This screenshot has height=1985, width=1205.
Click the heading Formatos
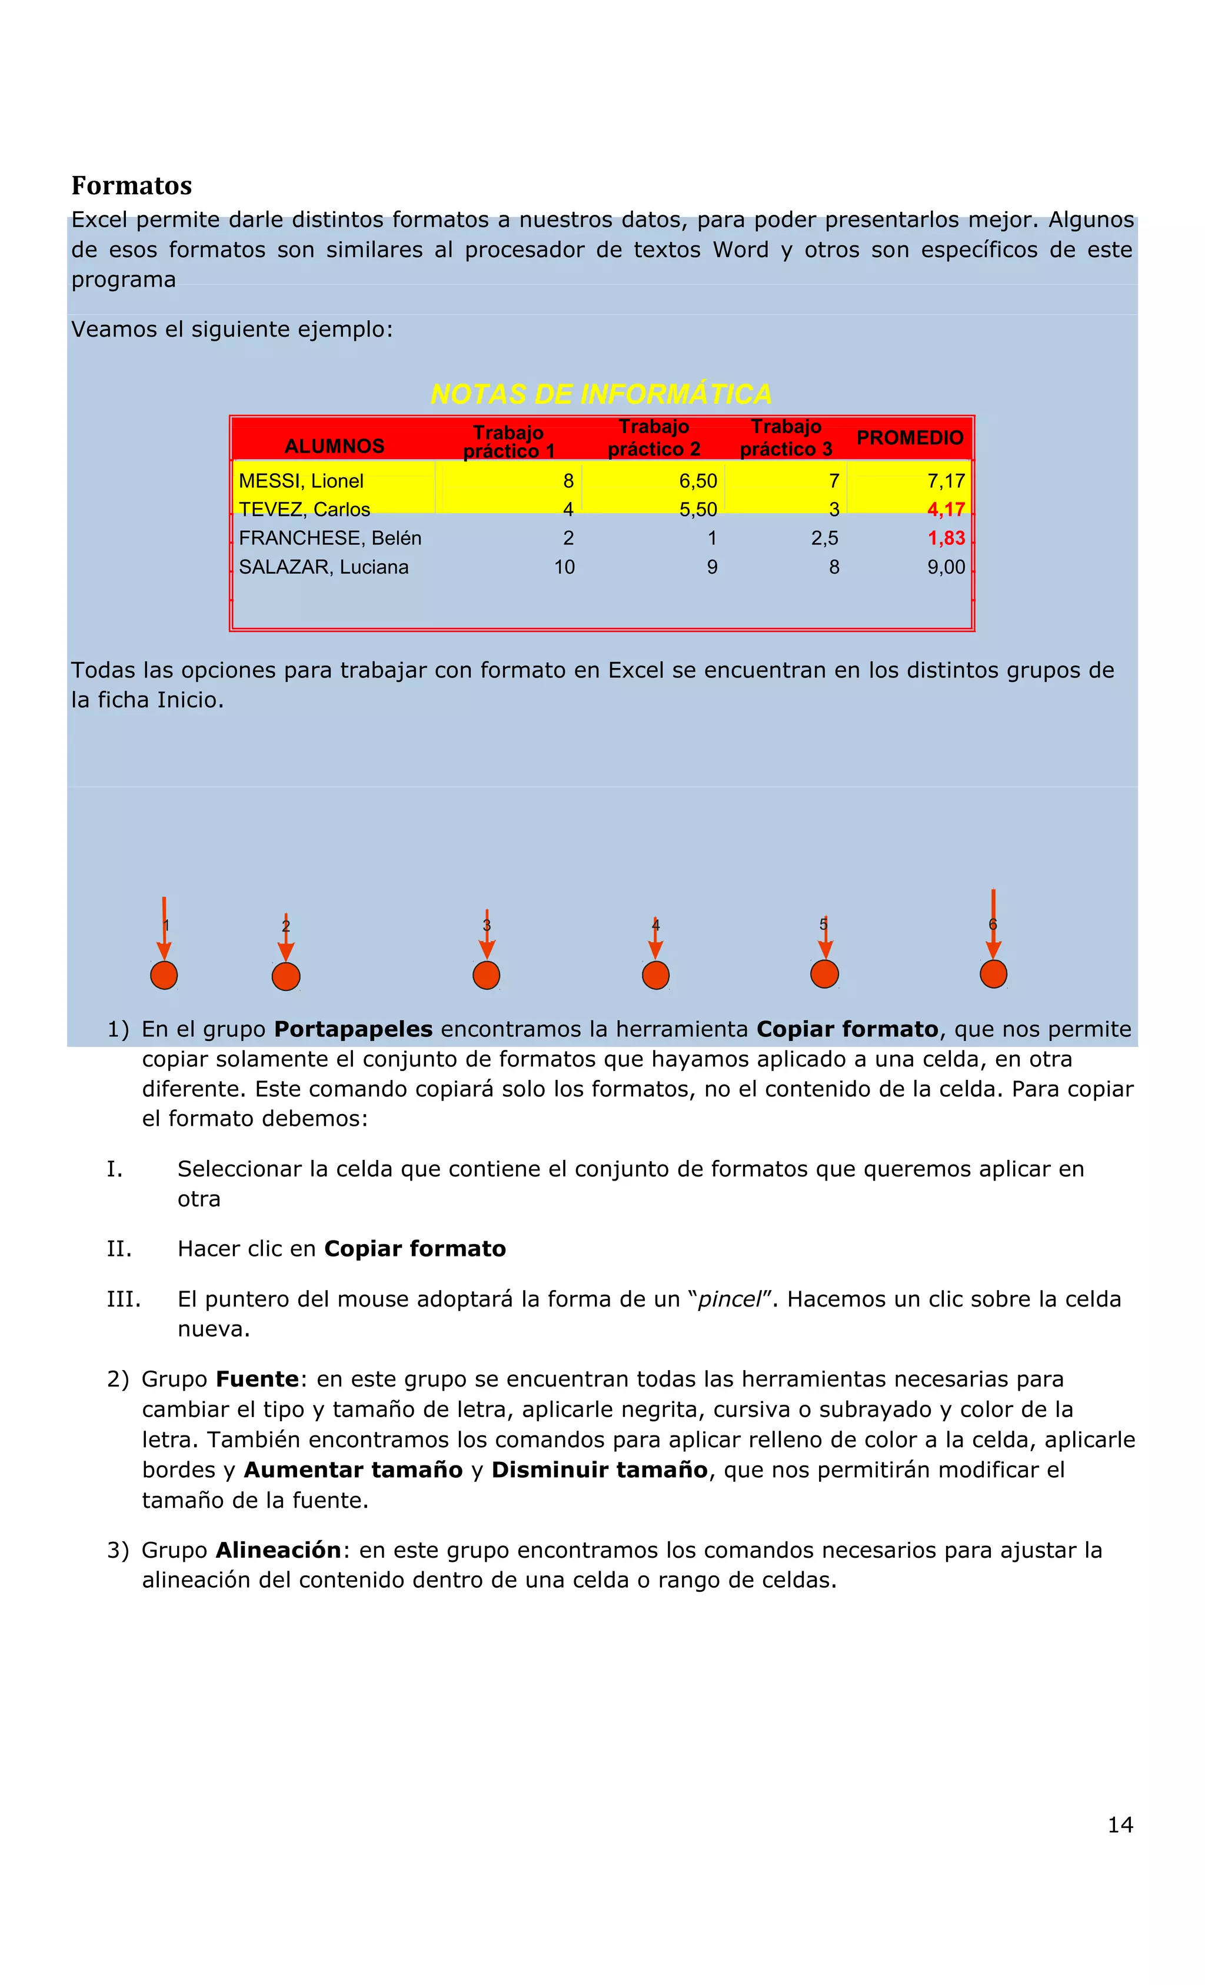[x=131, y=186]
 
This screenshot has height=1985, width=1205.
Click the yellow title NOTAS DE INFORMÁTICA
[x=601, y=394]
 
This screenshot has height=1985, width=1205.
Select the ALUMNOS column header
[x=334, y=446]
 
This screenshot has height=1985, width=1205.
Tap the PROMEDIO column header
[x=910, y=438]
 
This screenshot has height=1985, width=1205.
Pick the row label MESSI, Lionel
[x=301, y=481]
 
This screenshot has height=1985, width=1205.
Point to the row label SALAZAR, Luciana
[x=324, y=567]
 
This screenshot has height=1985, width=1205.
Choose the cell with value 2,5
[x=825, y=538]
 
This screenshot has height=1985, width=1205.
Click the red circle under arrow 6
[x=993, y=974]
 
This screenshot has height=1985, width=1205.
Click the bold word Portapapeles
[x=354, y=1029]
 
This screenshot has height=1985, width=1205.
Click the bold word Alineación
[x=279, y=1550]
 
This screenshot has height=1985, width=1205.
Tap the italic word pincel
[x=729, y=1299]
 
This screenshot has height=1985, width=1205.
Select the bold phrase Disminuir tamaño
[x=600, y=1469]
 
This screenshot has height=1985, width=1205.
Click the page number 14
[x=1120, y=1825]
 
